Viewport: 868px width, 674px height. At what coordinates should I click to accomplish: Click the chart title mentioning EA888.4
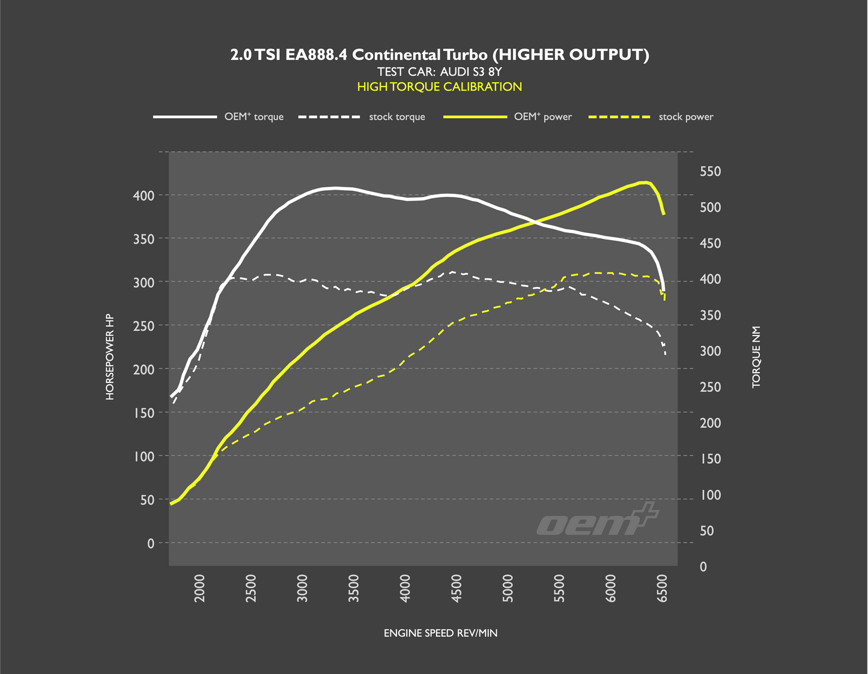coord(440,55)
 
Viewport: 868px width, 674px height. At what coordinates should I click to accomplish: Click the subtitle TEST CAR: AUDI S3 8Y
coord(440,72)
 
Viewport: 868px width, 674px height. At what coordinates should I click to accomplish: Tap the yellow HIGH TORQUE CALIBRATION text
coord(440,87)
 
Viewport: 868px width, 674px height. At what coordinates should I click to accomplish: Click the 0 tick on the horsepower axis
coord(150,543)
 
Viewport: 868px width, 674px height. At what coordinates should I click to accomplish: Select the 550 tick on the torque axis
coord(710,172)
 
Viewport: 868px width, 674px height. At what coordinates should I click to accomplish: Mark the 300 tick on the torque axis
coord(710,351)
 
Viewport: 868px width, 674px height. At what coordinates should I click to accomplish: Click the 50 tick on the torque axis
coord(706,531)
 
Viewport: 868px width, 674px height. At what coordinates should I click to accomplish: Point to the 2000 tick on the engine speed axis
coord(200,588)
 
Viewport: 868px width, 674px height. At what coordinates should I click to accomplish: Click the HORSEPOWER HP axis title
coord(110,357)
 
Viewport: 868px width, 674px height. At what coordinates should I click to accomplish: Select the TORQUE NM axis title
coord(756,357)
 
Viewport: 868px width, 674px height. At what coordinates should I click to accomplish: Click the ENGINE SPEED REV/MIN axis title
coord(440,633)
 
